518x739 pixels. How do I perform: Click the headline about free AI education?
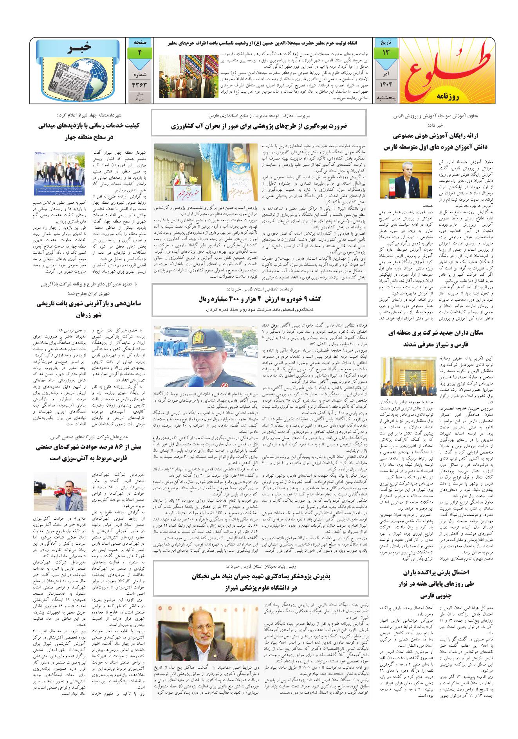click(437, 142)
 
